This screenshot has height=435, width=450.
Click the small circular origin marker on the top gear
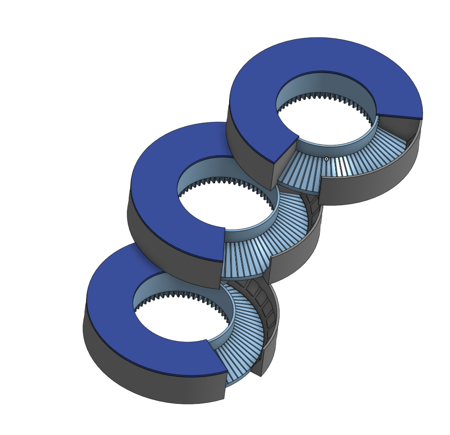coord(326,159)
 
